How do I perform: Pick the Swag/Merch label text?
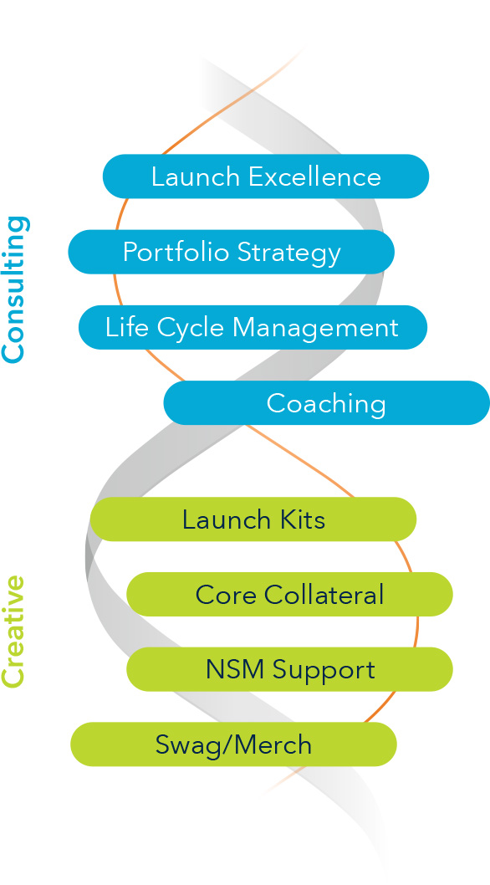(x=233, y=745)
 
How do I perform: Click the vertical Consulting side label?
(x=14, y=289)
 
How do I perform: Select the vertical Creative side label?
(x=14, y=632)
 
